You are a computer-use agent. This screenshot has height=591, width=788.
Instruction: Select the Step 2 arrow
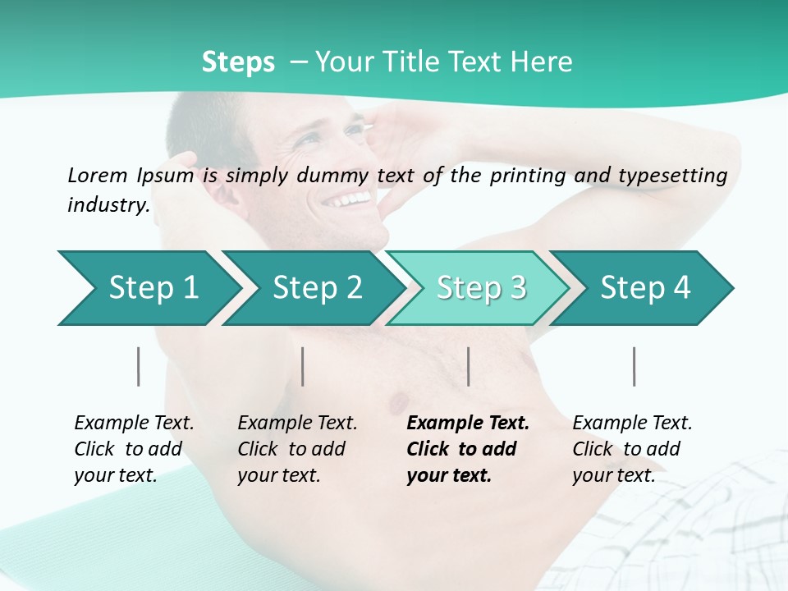[x=316, y=288]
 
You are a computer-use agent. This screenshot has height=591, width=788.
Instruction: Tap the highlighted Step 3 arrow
[x=480, y=288]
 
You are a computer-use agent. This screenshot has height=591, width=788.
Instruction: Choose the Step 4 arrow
[x=644, y=288]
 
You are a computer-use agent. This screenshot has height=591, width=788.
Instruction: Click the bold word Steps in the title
[x=238, y=62]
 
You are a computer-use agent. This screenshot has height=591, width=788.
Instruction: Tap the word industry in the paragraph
[x=108, y=205]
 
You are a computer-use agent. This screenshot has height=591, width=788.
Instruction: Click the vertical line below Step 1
[x=138, y=366]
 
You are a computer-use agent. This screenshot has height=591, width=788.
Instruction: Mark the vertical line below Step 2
[x=303, y=366]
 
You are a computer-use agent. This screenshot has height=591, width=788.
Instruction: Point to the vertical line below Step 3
[x=468, y=366]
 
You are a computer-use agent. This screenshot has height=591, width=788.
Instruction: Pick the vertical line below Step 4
[x=634, y=366]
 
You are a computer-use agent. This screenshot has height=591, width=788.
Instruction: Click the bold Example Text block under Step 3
[x=468, y=449]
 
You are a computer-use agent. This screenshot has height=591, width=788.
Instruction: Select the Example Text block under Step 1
[x=134, y=449]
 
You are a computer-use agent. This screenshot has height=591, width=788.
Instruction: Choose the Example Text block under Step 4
[x=632, y=449]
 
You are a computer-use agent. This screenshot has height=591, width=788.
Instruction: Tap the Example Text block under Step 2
[x=297, y=449]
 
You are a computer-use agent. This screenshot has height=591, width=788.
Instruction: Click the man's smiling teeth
[x=346, y=199]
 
